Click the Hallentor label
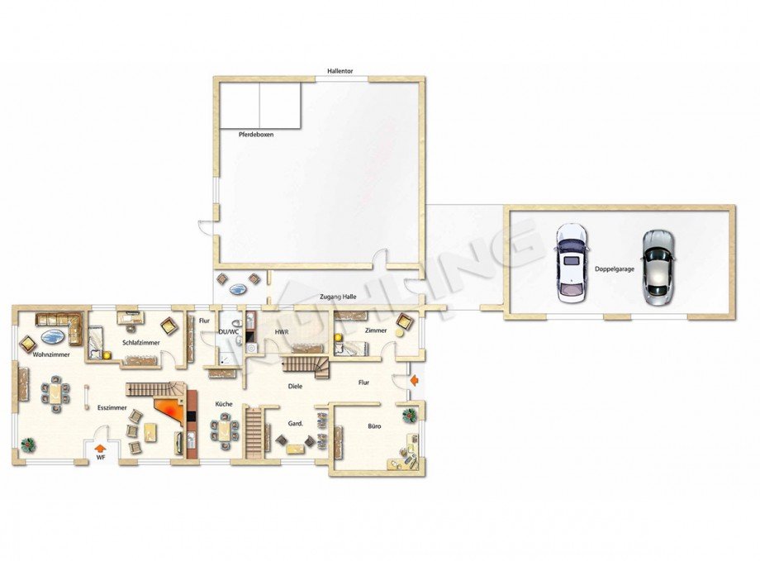(x=340, y=72)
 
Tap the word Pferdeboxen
(x=256, y=134)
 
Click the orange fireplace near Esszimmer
(x=169, y=410)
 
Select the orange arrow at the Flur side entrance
(x=414, y=381)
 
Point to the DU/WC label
(x=227, y=332)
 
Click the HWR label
(x=281, y=332)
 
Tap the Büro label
(x=374, y=426)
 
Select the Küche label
(x=223, y=404)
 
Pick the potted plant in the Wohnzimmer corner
(x=28, y=444)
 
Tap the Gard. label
(x=294, y=423)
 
